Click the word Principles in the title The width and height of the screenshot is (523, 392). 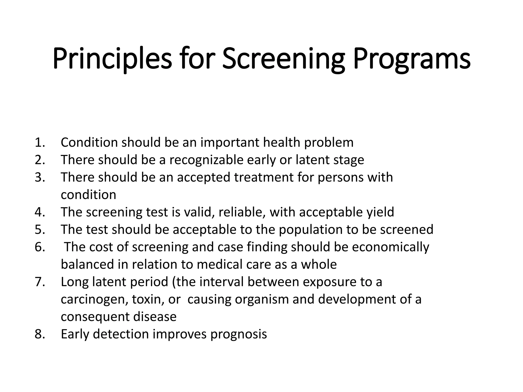tap(112, 59)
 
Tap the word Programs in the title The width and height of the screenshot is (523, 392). tap(412, 59)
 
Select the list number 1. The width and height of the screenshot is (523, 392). tap(40, 142)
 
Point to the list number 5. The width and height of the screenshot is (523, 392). tap(40, 229)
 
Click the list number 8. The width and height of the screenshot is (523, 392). tap(40, 334)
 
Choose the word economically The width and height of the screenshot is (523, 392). tap(390, 247)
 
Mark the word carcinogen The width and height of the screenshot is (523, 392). tap(94, 299)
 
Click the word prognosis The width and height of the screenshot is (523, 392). tap(239, 334)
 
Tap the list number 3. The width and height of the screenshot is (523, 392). tap(40, 177)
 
